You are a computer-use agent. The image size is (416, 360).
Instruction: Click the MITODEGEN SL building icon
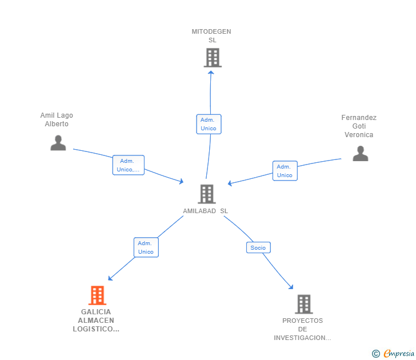(x=213, y=58)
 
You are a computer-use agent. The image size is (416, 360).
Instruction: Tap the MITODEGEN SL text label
(x=211, y=36)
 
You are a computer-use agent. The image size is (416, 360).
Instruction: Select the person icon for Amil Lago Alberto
(x=58, y=143)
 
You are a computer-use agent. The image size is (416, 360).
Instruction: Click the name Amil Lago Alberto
(x=57, y=119)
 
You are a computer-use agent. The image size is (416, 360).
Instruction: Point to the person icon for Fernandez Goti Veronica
(x=360, y=154)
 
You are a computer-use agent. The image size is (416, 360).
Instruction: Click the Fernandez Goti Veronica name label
(x=359, y=126)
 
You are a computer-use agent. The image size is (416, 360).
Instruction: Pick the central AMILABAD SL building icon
(x=206, y=194)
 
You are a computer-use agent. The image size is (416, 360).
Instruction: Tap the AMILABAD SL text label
(x=205, y=211)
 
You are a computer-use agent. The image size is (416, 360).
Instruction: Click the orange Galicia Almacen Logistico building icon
(x=98, y=295)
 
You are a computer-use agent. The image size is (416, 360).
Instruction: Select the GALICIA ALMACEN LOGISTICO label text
(x=96, y=321)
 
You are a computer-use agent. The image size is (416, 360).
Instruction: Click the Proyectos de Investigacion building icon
(x=303, y=304)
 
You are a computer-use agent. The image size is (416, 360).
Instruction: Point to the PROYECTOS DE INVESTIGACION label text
(x=302, y=329)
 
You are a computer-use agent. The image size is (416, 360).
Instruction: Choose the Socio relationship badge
(x=258, y=247)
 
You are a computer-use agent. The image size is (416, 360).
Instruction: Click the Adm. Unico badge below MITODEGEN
(x=209, y=124)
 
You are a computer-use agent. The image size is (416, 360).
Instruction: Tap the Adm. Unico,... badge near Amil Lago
(x=128, y=165)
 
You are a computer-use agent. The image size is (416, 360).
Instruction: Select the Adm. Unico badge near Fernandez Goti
(x=285, y=171)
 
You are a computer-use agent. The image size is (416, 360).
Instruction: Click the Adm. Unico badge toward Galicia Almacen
(x=146, y=247)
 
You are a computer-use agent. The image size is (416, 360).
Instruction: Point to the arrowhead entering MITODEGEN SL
(x=211, y=72)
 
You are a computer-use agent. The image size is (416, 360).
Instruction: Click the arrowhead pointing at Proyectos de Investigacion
(x=291, y=287)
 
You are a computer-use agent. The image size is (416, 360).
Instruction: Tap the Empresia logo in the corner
(x=394, y=353)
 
